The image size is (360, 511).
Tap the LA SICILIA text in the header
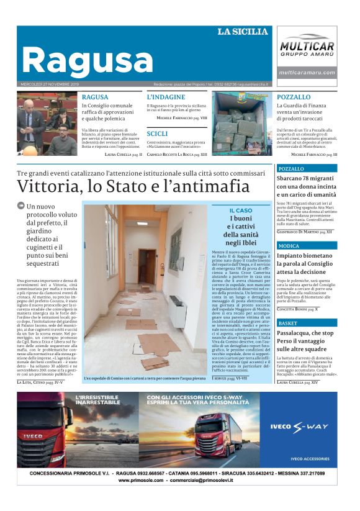242,32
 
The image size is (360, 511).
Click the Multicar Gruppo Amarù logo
307,46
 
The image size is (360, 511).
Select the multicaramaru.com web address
307,73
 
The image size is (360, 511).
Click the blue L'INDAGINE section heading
166,97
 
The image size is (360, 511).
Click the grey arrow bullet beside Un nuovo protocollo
21,206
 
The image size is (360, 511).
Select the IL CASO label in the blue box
240,211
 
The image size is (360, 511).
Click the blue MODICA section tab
289,246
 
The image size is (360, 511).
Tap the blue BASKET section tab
287,323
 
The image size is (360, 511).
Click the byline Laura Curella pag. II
124,154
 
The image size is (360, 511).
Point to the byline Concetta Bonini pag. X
298,309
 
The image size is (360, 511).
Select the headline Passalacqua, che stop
306,333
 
